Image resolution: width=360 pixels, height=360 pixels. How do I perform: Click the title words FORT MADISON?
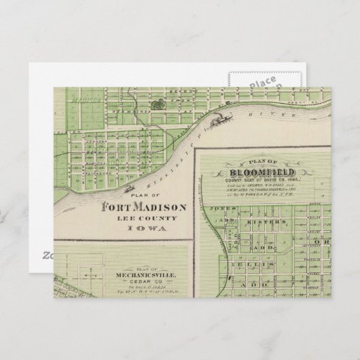[139, 209]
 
